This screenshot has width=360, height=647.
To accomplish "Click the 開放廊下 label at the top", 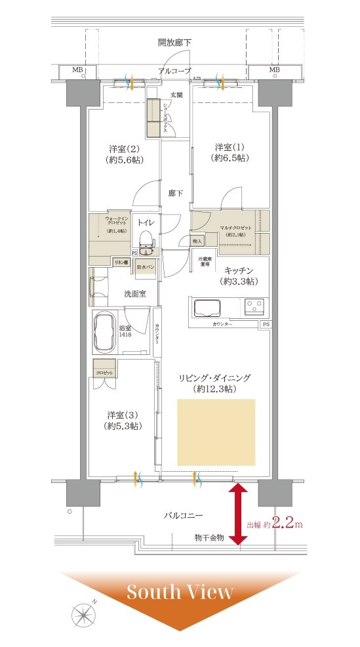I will pyautogui.click(x=174, y=43).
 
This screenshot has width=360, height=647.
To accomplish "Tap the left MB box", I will pyautogui.click(x=77, y=70).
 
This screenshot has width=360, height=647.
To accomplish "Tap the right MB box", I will pyautogui.click(x=274, y=70).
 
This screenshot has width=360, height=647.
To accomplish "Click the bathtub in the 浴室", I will pyautogui.click(x=106, y=333).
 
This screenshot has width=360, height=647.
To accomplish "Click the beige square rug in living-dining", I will pyautogui.click(x=216, y=432).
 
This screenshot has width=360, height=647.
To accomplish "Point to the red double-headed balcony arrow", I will pyautogui.click(x=238, y=514).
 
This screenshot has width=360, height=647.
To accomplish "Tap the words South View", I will pyautogui.click(x=180, y=592).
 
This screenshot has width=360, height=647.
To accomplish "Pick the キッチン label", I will pyautogui.click(x=239, y=270).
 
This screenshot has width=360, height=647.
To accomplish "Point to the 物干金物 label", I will pyautogui.click(x=209, y=537).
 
